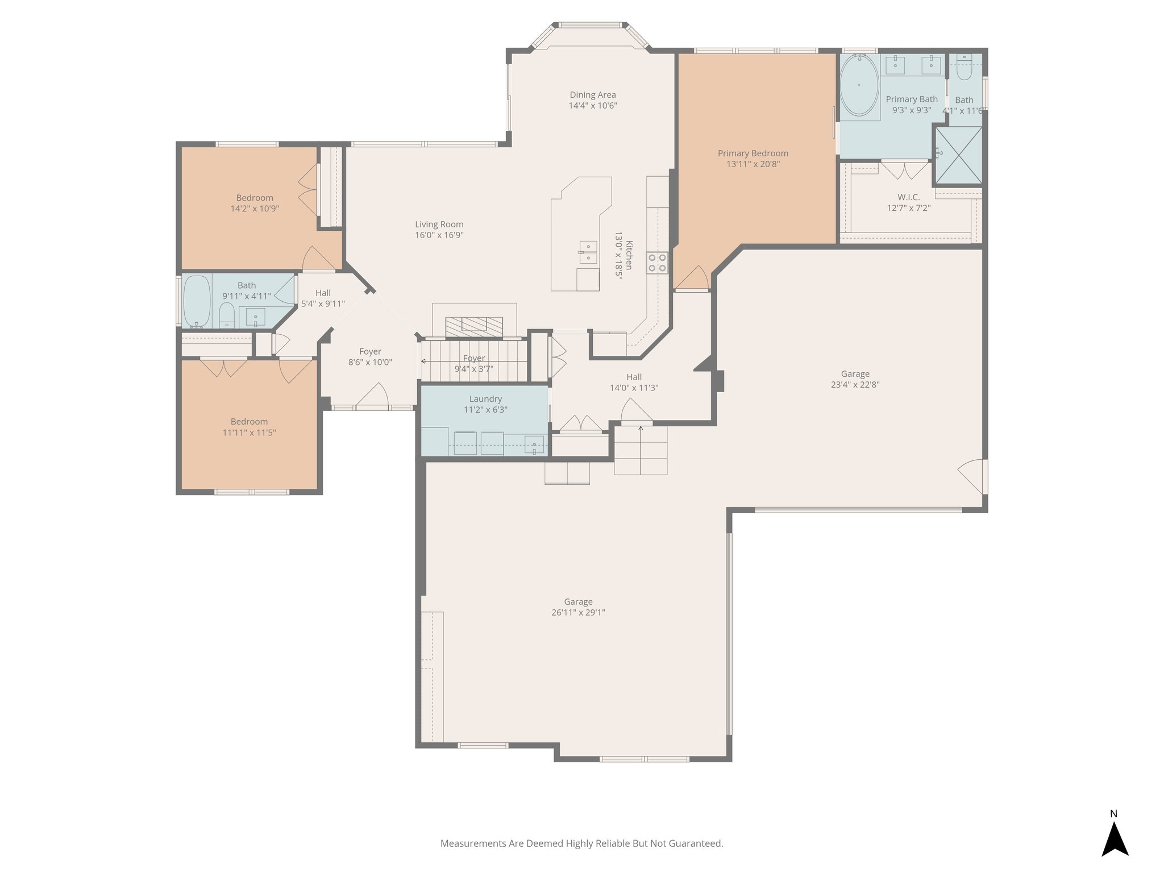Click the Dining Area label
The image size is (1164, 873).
click(x=593, y=95)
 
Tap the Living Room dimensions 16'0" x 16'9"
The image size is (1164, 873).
click(x=439, y=235)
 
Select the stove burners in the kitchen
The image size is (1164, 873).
click(x=657, y=263)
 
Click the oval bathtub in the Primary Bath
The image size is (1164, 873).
click(x=859, y=85)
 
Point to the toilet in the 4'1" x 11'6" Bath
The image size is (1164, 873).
click(x=964, y=69)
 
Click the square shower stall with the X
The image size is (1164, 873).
click(x=958, y=155)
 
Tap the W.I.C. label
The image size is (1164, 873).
click(x=908, y=197)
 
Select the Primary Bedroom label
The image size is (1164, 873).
click(x=753, y=153)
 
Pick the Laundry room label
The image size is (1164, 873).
click(x=485, y=399)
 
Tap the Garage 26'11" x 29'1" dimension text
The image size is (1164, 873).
click(x=578, y=613)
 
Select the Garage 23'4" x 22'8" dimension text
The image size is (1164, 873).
click(x=855, y=385)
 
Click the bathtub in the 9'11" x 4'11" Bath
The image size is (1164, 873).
click(x=197, y=301)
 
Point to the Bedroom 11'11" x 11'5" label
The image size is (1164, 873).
click(x=249, y=422)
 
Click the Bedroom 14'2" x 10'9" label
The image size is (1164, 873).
click(x=255, y=198)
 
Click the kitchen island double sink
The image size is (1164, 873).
click(x=588, y=252)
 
